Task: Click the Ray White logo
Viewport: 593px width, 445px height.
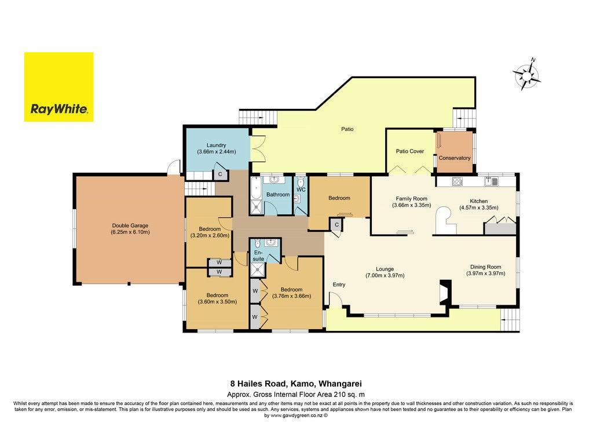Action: click(58, 87)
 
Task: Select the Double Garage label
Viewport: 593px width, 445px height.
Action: click(130, 225)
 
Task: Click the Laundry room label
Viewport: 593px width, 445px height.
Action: click(217, 145)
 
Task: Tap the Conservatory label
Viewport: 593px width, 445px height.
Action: click(454, 158)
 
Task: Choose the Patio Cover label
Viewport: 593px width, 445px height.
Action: click(409, 151)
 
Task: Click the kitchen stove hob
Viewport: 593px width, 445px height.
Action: click(457, 181)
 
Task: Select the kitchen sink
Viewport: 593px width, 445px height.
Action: click(491, 181)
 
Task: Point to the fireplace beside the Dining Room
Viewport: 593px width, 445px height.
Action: click(445, 292)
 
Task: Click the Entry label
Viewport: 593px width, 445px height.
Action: click(339, 284)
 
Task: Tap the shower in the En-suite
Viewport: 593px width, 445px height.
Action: click(258, 269)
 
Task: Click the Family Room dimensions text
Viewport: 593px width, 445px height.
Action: click(412, 206)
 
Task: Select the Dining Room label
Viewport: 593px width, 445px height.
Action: click(486, 267)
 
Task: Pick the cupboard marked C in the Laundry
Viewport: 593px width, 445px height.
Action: click(219, 174)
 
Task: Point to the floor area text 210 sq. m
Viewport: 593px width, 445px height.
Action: click(349, 394)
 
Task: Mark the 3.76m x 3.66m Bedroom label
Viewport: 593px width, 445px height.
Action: click(292, 293)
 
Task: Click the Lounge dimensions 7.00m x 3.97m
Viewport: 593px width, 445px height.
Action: click(385, 275)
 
